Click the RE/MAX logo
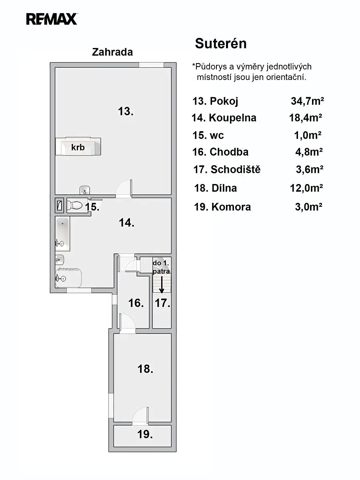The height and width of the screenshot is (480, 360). pos(52,19)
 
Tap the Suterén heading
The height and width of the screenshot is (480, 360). pos(221,44)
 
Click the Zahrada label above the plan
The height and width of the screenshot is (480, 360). pos(112,52)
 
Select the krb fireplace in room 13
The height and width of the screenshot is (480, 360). pos(78,146)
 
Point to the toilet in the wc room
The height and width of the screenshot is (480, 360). pos(74,205)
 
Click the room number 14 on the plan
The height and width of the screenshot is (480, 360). pos(126,223)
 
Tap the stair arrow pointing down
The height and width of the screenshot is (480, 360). pos(162,284)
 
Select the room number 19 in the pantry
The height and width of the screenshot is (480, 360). pos(145,434)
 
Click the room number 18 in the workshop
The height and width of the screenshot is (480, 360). pos(145,369)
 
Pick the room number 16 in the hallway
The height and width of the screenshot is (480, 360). pos(136,303)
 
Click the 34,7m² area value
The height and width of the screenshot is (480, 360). pos(307,101)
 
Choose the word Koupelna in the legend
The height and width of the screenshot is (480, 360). pos(232,118)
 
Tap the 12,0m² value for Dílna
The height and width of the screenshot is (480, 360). pos(306,188)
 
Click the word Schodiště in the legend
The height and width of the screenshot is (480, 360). pos(236,169)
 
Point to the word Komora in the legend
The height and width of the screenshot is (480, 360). pos(231,207)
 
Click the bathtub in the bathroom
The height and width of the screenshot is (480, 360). pos(62,234)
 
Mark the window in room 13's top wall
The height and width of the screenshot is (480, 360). pos(151,65)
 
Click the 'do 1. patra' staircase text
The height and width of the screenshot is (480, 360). pos(161,267)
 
